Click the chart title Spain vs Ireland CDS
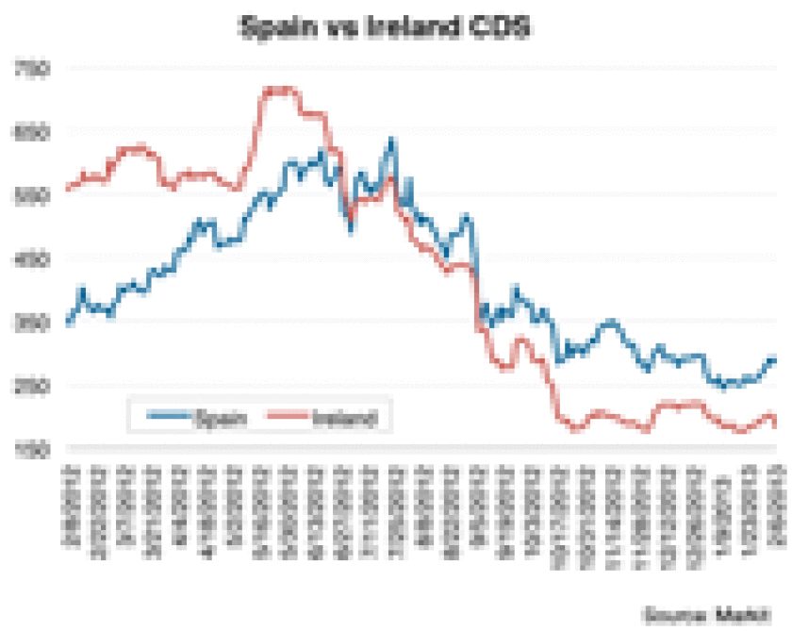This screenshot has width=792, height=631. point(385,28)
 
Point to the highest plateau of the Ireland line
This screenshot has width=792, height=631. point(279,91)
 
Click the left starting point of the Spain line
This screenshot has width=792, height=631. point(67,324)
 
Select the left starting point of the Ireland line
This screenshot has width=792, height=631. point(67,189)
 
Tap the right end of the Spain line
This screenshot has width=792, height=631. point(775,358)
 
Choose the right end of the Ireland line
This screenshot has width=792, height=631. point(775,424)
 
